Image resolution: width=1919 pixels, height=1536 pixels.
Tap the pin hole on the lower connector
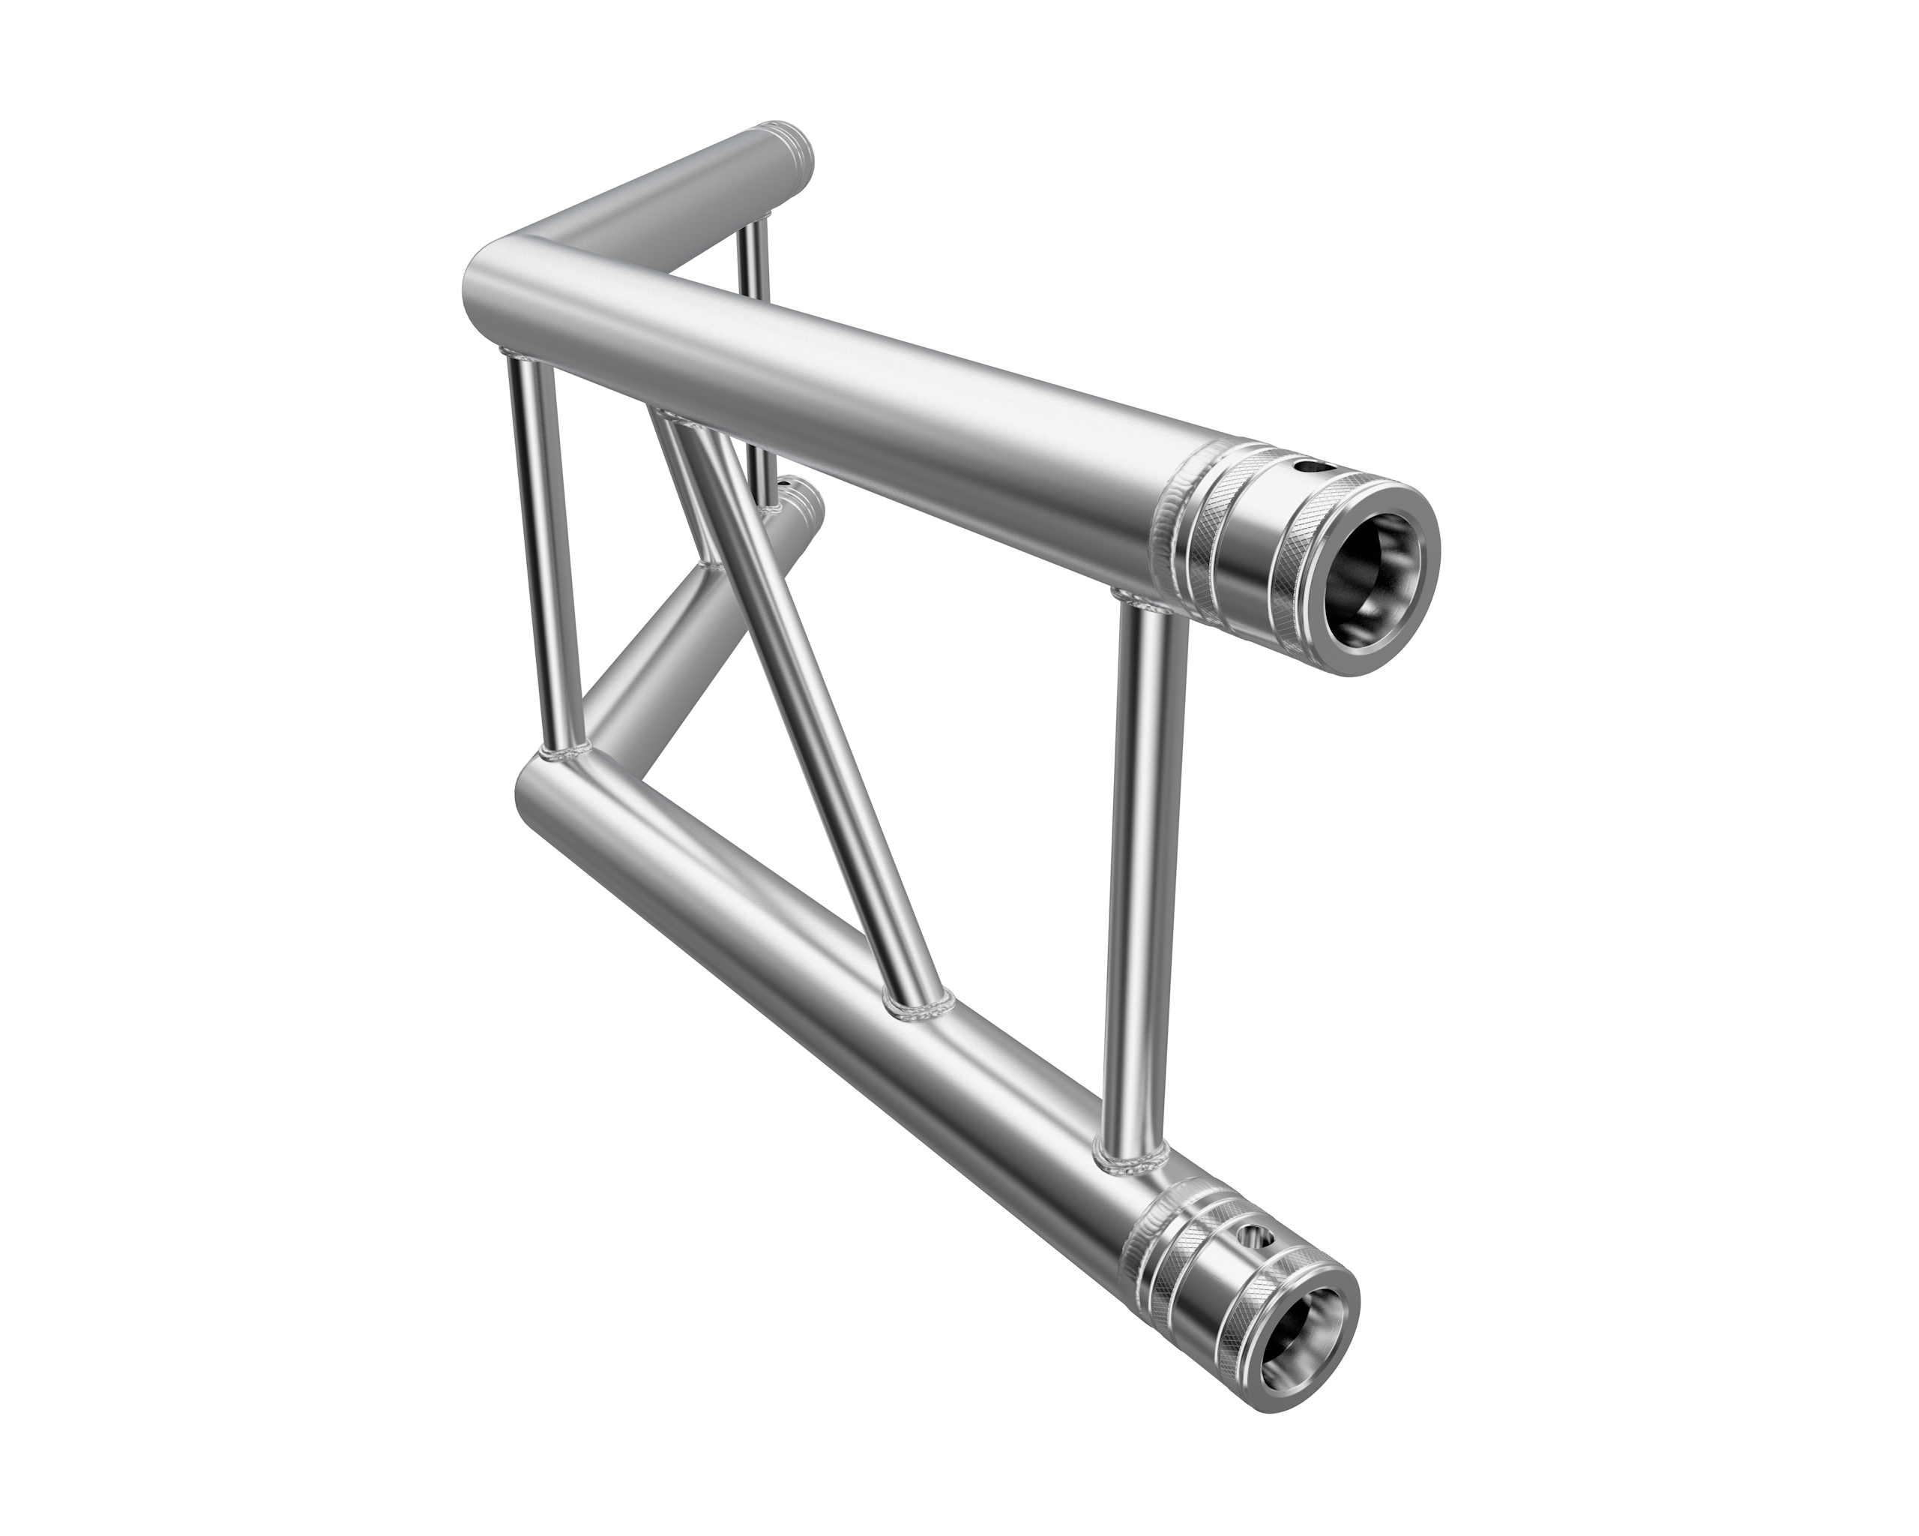(1257, 1236)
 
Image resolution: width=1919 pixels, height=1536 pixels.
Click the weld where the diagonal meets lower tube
(917, 1006)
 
